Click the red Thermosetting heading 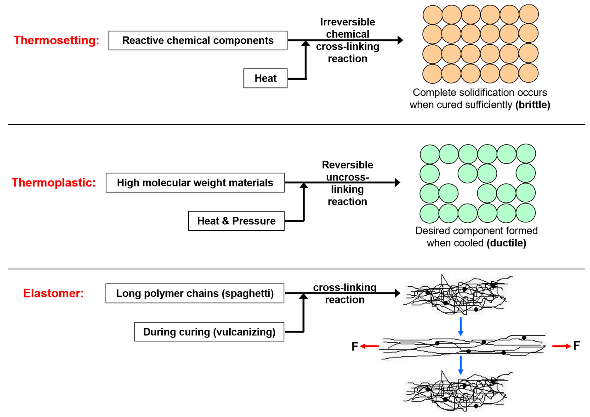pyautogui.click(x=56, y=40)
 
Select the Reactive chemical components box pyautogui.click(x=198, y=40)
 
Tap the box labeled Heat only pyautogui.click(x=265, y=78)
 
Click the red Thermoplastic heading pyautogui.click(x=53, y=183)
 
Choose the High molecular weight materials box pyautogui.click(x=195, y=183)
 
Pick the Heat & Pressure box pyautogui.click(x=236, y=221)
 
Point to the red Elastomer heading pyautogui.click(x=53, y=293)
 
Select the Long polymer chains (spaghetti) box pyautogui.click(x=195, y=293)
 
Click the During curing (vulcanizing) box pyautogui.click(x=209, y=332)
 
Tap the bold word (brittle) pyautogui.click(x=533, y=105)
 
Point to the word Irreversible pyautogui.click(x=347, y=22)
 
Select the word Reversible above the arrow pyautogui.click(x=347, y=165)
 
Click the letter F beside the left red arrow pyautogui.click(x=355, y=346)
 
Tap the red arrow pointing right pyautogui.click(x=562, y=346)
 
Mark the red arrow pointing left pyautogui.click(x=369, y=346)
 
